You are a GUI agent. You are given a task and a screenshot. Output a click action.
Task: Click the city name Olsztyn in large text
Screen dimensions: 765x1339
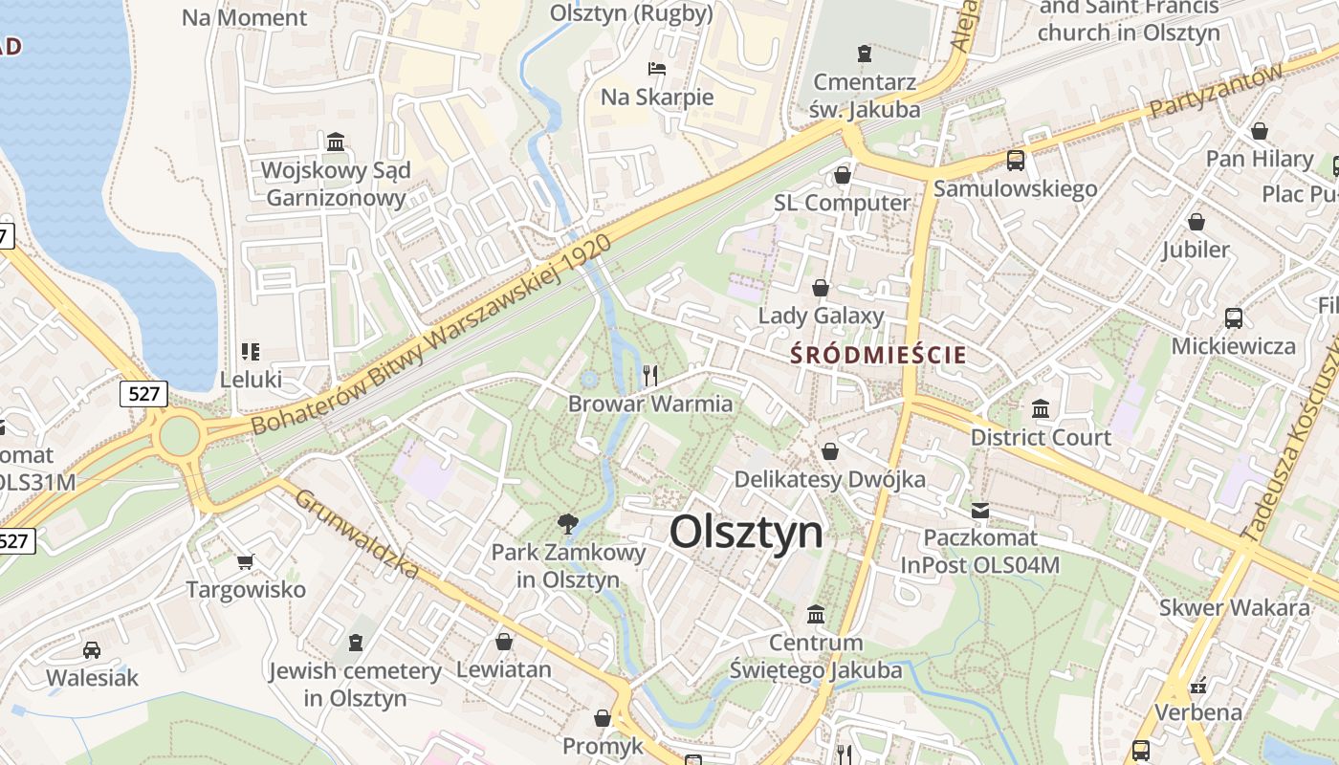pyautogui.click(x=746, y=532)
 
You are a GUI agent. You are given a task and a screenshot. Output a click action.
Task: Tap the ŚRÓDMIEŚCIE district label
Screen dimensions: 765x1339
pyautogui.click(x=879, y=355)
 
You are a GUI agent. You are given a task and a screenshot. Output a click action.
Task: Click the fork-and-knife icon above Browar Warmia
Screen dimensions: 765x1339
pyautogui.click(x=650, y=375)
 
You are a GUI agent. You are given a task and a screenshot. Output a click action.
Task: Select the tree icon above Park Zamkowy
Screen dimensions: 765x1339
pyautogui.click(x=568, y=522)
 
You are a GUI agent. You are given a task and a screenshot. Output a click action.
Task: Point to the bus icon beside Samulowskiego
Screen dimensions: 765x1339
pyautogui.click(x=1015, y=161)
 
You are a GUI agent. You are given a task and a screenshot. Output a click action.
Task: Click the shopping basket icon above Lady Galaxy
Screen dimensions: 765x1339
pyautogui.click(x=821, y=288)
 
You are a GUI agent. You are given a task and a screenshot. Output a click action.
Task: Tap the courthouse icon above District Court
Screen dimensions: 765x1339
pyautogui.click(x=1041, y=409)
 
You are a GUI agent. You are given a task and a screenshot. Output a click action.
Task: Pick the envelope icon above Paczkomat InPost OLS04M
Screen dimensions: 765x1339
pyautogui.click(x=980, y=511)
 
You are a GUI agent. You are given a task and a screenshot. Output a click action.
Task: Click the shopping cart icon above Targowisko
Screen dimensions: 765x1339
pyautogui.click(x=246, y=561)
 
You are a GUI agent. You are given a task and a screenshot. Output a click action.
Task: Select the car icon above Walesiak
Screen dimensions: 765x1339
pyautogui.click(x=92, y=650)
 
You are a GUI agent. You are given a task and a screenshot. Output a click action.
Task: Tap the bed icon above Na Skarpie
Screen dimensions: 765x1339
pyautogui.click(x=657, y=69)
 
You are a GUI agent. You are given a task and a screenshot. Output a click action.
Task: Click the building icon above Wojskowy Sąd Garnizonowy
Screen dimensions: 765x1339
pyautogui.click(x=336, y=142)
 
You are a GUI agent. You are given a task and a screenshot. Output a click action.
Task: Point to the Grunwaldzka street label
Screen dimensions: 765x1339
pyautogui.click(x=356, y=534)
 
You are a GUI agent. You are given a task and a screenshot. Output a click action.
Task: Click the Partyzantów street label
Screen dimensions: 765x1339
pyautogui.click(x=1215, y=92)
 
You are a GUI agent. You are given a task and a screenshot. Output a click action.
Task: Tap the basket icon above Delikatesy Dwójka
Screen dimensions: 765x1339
pyautogui.click(x=830, y=451)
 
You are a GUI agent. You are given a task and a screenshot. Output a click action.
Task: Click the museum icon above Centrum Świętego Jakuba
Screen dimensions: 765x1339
pyautogui.click(x=816, y=614)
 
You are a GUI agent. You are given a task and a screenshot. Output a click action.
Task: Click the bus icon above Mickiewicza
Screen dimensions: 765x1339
pyautogui.click(x=1234, y=318)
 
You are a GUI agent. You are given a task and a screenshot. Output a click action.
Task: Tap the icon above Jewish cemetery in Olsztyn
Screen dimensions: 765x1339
pyautogui.click(x=356, y=642)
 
